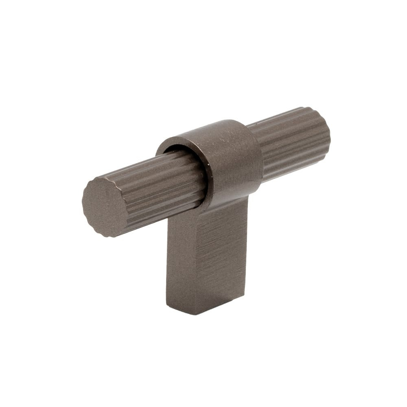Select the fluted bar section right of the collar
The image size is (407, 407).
click(x=293, y=142)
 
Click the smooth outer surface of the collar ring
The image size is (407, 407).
click(x=236, y=159)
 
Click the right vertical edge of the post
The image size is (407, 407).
click(x=247, y=244)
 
